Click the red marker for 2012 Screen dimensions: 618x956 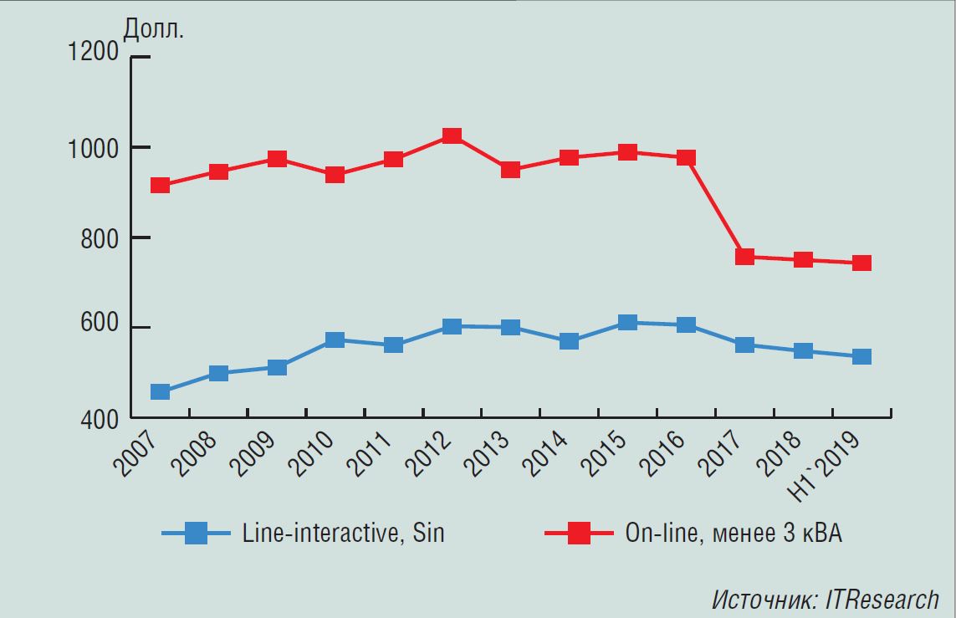pos(452,136)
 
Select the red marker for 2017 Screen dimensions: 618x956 pos(744,257)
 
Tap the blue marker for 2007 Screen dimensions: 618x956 pos(160,391)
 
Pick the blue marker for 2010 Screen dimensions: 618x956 pos(335,340)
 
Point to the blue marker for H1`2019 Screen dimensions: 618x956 pos(861,357)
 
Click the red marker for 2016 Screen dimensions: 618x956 pos(686,158)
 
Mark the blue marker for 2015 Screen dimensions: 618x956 pos(627,323)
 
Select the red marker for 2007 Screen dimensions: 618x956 pos(160,185)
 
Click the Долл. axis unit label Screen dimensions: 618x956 pos(154,28)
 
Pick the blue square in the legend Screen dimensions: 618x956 pos(196,533)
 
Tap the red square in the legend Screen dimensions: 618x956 pos(578,533)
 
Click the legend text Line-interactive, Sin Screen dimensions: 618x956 pos(343,533)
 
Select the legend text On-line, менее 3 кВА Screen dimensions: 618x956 pos(733,533)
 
